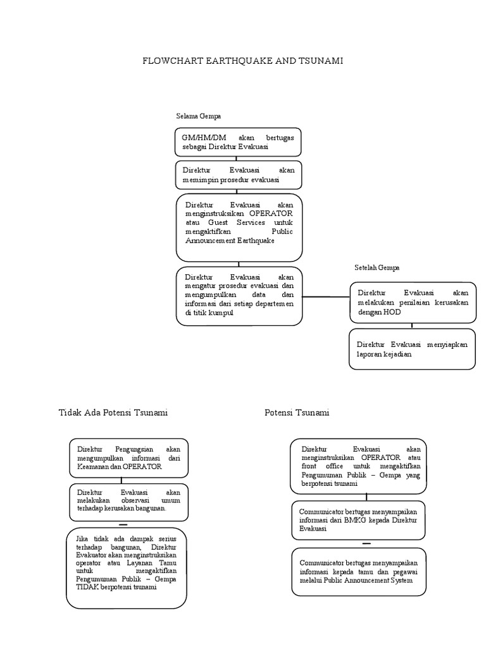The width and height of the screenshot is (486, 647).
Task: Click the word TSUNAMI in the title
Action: (x=320, y=61)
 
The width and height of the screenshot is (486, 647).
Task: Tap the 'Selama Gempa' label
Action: (x=198, y=117)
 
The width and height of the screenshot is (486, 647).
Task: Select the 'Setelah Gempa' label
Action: (x=377, y=268)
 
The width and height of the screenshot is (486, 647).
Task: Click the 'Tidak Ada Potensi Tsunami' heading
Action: (x=113, y=413)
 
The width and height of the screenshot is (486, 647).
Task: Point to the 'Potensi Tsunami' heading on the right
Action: (x=297, y=413)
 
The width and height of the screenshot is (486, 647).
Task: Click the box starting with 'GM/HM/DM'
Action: (x=238, y=142)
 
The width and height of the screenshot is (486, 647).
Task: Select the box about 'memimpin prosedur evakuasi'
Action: (x=238, y=175)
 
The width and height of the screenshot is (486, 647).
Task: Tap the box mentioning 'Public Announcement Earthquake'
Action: (x=239, y=227)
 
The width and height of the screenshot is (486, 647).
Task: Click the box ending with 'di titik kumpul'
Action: (x=239, y=296)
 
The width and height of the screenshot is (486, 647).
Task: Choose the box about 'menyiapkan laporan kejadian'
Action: (x=412, y=349)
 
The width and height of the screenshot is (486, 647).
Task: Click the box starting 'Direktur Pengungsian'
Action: (x=128, y=458)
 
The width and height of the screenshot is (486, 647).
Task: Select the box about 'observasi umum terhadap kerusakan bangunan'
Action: (x=128, y=500)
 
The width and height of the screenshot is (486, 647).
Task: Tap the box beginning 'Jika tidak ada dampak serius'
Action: (x=127, y=568)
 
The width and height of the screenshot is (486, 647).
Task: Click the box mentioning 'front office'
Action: (x=358, y=466)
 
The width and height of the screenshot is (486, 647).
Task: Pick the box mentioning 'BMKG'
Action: (x=358, y=519)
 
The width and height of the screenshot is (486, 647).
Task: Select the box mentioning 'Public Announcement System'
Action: (x=358, y=572)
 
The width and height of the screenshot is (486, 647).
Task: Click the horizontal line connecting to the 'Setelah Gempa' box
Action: (x=326, y=296)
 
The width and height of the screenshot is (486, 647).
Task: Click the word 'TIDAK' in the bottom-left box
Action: (x=88, y=587)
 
